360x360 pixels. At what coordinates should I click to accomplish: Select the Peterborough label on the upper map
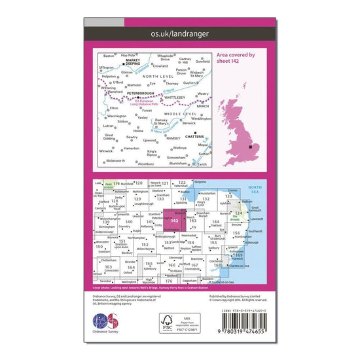click(134, 94)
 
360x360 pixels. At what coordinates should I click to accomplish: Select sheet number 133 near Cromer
click(228, 196)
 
